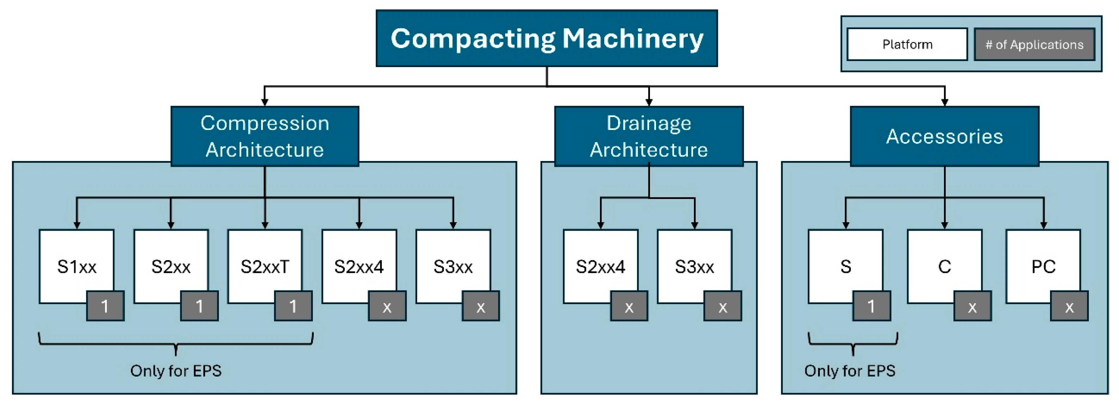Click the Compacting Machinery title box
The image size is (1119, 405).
coord(547,38)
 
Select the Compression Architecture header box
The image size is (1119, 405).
coord(264,136)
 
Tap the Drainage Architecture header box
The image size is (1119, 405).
coord(649,136)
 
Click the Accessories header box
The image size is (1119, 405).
coord(944,136)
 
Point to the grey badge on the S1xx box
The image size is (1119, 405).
coord(105,306)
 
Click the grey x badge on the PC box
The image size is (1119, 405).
coord(1069,306)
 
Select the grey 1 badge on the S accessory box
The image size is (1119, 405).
coord(871,306)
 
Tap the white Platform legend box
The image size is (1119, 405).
coord(907,44)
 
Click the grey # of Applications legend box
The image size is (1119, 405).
coord(1034,44)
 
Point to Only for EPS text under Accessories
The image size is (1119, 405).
coord(849,371)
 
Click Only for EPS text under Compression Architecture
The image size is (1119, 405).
coord(176,371)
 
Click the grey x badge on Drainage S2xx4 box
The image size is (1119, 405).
coord(628,306)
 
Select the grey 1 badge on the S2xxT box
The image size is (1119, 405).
coord(293,306)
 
